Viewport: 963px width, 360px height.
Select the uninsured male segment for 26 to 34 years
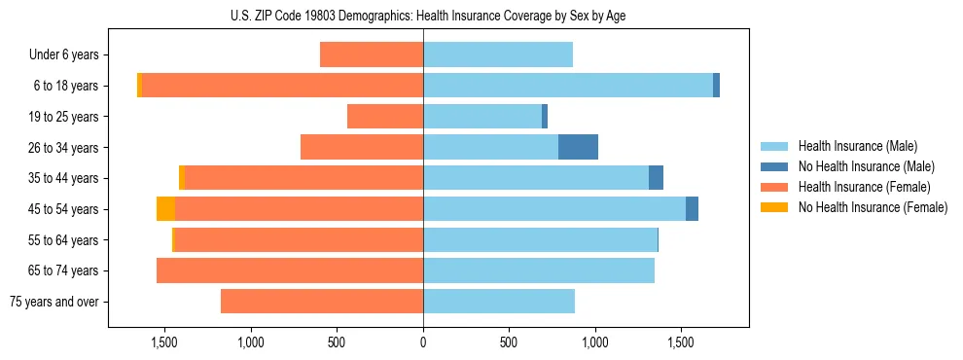(x=578, y=147)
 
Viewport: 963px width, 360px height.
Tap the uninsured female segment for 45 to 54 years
(x=165, y=208)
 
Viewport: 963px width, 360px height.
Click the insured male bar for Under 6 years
(x=498, y=54)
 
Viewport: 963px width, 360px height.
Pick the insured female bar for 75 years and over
(x=322, y=301)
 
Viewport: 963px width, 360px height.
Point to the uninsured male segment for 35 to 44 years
(x=656, y=178)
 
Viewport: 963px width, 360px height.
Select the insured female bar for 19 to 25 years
(x=385, y=116)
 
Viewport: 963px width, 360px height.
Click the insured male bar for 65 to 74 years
(x=539, y=270)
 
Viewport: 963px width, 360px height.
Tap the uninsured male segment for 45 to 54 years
(x=692, y=208)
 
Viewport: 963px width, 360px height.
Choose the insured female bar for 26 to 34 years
(x=362, y=147)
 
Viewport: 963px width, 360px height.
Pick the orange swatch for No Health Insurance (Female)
(x=774, y=207)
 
